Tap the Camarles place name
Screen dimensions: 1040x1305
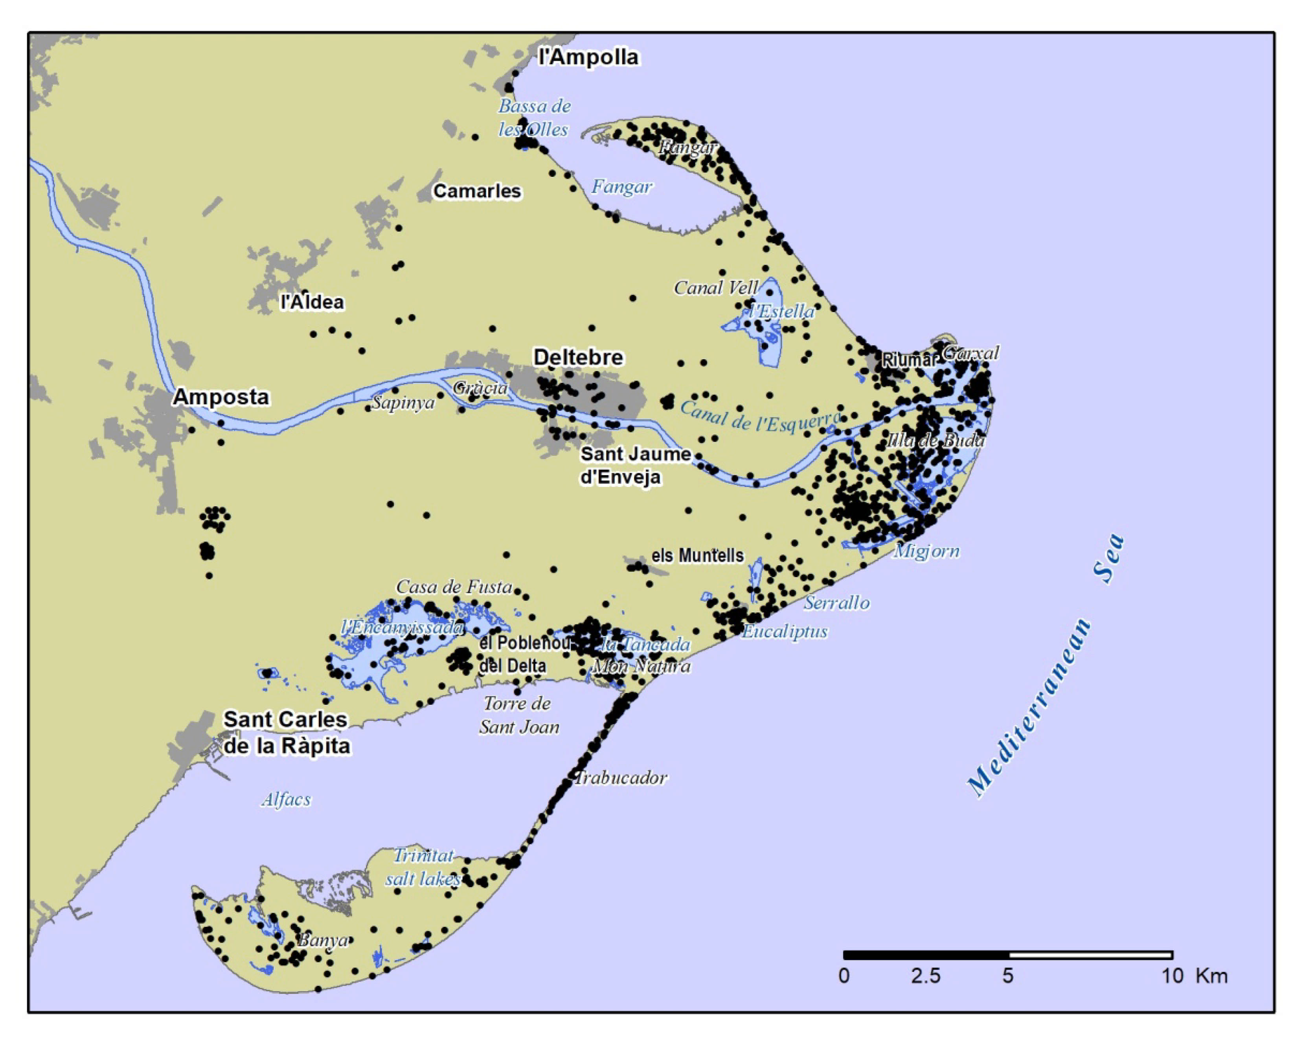477,191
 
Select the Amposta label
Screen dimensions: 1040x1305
221,397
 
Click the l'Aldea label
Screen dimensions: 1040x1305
312,302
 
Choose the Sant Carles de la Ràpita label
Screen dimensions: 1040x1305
286,733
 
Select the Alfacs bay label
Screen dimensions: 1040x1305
286,800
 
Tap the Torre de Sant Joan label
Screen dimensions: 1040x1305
519,715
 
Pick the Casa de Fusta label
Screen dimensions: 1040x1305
454,586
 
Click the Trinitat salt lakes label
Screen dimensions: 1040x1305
423,867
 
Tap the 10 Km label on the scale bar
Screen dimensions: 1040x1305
1194,976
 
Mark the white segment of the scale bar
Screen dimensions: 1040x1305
1090,955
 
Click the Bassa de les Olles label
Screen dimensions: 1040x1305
533,118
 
